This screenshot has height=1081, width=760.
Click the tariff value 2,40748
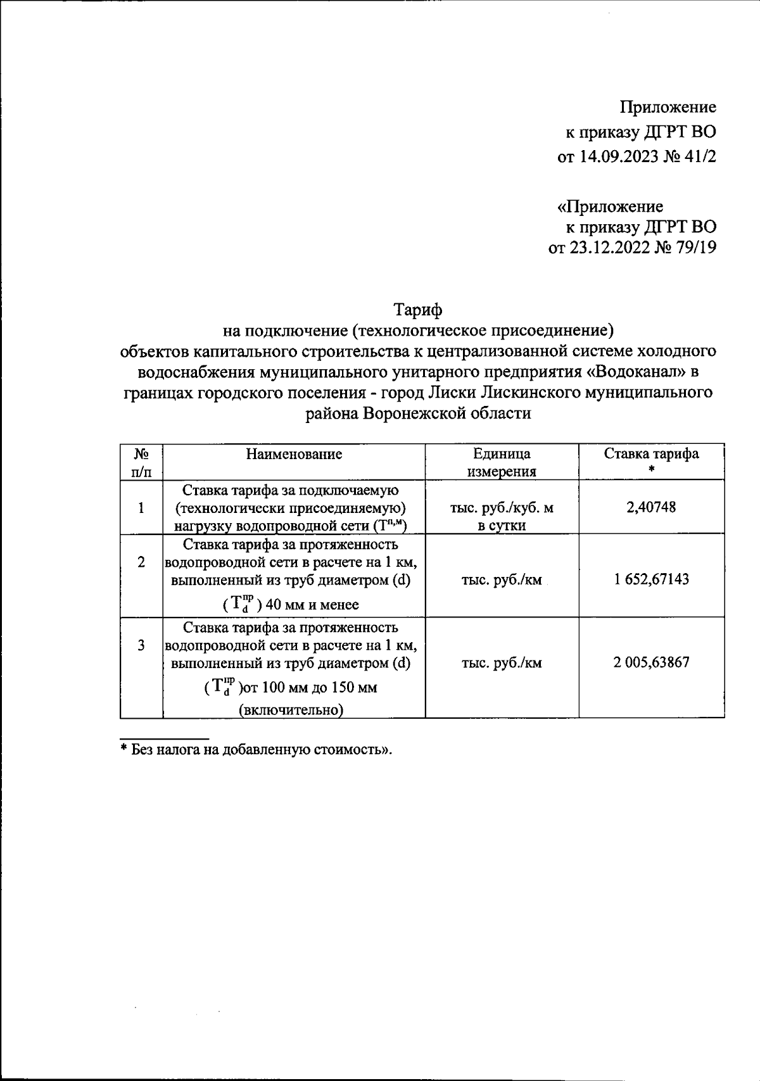pos(651,507)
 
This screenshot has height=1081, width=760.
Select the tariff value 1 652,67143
pos(651,579)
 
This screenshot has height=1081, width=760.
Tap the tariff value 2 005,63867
pos(651,663)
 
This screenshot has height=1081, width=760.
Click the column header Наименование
pos(294,454)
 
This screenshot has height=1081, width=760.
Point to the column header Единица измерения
pos(502,462)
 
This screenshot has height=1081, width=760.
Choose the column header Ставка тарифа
pos(651,454)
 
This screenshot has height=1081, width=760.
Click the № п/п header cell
pos(141,462)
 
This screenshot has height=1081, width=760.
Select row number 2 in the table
pos(141,562)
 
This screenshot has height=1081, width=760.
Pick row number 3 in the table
pos(141,645)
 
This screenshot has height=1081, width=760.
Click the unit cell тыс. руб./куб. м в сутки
pos(502,517)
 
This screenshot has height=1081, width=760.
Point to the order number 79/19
pos(695,248)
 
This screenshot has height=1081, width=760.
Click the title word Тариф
pos(418,310)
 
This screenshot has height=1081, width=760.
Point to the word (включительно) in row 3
pos(291,710)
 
